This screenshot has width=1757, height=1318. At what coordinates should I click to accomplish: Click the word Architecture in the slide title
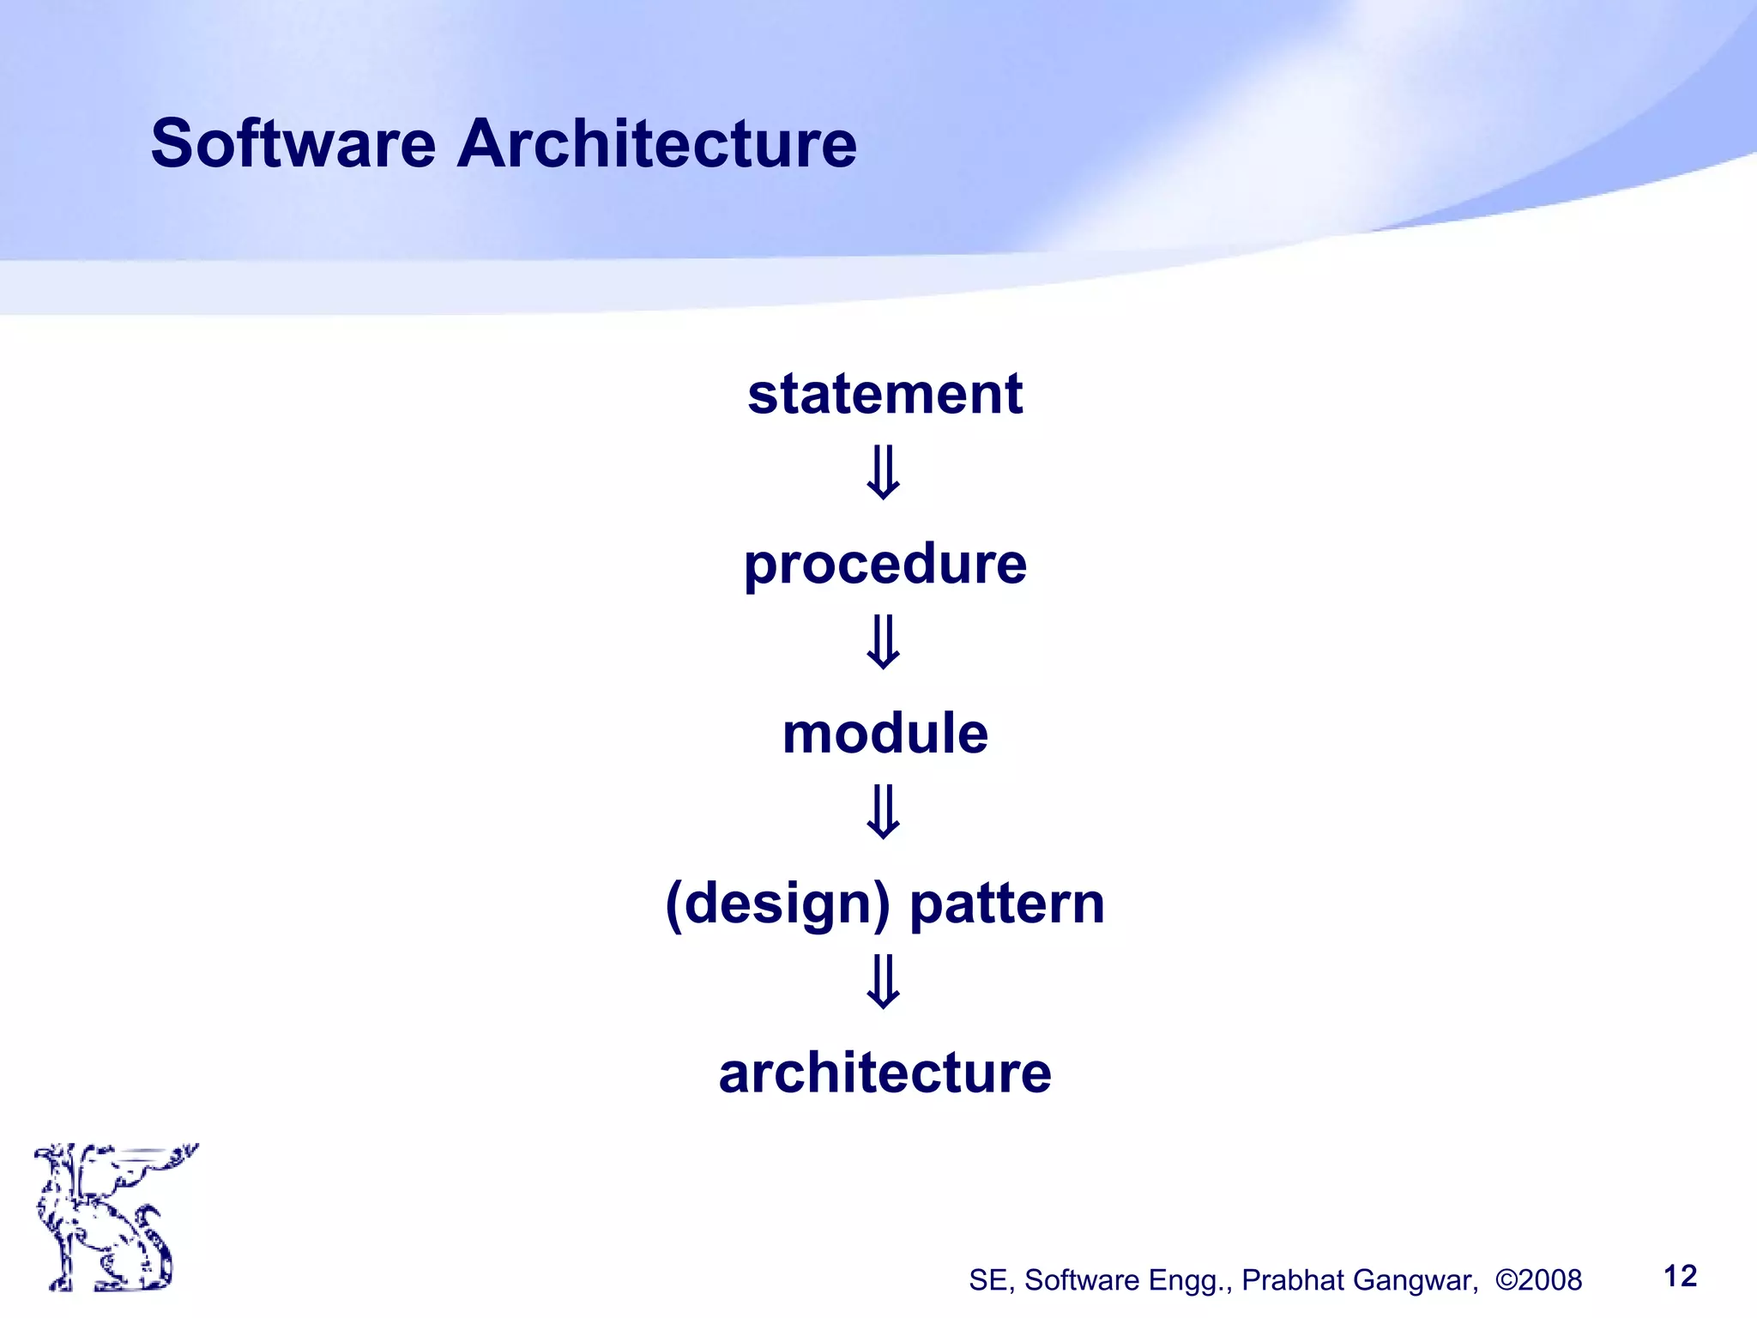click(656, 143)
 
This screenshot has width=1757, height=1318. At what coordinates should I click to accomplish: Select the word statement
click(885, 394)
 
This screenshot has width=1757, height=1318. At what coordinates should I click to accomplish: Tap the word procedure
click(885, 565)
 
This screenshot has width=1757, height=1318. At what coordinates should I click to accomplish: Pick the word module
click(885, 734)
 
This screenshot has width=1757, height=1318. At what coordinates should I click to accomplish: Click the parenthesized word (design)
click(777, 904)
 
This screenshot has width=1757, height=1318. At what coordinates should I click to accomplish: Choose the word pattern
click(1007, 904)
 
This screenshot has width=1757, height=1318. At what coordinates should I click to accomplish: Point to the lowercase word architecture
click(885, 1073)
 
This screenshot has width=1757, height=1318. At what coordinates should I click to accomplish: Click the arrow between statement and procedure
click(884, 473)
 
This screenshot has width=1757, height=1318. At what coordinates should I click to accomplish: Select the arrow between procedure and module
click(884, 642)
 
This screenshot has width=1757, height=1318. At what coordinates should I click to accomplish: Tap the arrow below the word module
click(884, 812)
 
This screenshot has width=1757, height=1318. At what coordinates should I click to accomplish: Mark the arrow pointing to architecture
click(884, 982)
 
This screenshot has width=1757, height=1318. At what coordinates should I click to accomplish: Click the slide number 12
click(1680, 1276)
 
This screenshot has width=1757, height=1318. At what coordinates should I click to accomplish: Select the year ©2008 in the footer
click(1538, 1280)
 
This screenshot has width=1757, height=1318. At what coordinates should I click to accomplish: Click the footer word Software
click(1081, 1280)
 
